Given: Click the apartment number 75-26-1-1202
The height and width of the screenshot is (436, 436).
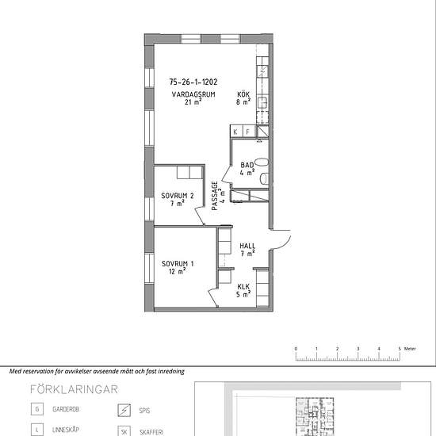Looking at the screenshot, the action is [x=193, y=82].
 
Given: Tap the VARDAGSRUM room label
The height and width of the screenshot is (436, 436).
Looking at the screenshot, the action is [x=193, y=94].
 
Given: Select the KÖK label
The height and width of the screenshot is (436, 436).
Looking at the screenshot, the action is [x=243, y=94].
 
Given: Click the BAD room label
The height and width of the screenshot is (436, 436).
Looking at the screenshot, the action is [x=247, y=165].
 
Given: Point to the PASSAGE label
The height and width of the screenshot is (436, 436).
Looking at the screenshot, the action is [x=215, y=196].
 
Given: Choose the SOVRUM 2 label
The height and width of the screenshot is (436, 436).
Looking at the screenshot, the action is [x=178, y=196].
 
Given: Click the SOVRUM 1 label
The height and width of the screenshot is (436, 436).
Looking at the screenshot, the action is [x=178, y=264].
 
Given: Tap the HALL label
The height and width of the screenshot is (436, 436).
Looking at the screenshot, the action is [x=247, y=246].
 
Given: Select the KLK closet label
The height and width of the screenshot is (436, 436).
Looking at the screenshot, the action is [x=243, y=287].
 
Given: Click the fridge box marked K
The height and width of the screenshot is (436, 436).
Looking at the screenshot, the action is [x=236, y=132].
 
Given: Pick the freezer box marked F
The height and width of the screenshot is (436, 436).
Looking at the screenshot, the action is [x=249, y=132].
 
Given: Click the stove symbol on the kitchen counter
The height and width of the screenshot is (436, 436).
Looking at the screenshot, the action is [x=262, y=71].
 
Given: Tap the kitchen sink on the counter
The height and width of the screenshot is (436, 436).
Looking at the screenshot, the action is [x=262, y=103].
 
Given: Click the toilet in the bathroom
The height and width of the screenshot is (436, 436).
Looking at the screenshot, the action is [x=265, y=178].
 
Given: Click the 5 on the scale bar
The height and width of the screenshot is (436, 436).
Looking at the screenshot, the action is [x=400, y=349].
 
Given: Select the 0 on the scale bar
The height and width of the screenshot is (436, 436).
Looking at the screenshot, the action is [x=296, y=349].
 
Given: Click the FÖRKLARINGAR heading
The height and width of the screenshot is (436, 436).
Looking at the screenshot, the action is [x=74, y=389].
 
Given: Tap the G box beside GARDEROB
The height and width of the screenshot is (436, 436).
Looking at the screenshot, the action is [x=37, y=409].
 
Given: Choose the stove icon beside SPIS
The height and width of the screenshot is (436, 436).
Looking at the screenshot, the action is [x=124, y=410].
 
